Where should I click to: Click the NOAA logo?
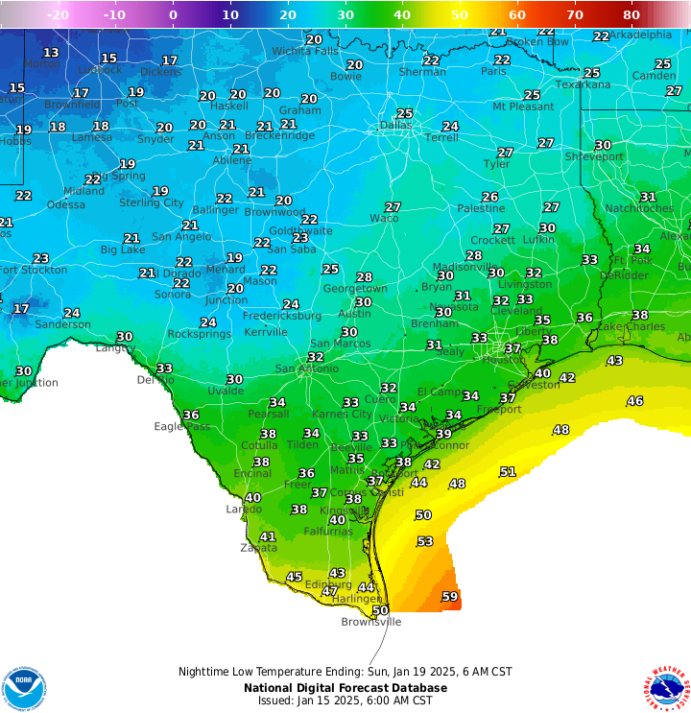point(24,688)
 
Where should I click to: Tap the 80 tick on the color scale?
point(631,14)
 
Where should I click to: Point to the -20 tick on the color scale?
point(58,14)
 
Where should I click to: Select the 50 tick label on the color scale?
point(460,14)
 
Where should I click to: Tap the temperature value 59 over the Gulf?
point(449,597)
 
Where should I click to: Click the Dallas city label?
point(395,125)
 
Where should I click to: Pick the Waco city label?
point(384,219)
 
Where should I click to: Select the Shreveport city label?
point(593,156)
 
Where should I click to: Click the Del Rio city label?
point(155,380)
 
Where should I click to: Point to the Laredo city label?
point(243,510)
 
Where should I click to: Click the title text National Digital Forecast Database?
point(345,687)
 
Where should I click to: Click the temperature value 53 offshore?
point(425,542)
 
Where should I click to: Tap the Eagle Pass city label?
point(181,426)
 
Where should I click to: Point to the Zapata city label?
point(258,548)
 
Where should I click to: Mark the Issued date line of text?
point(345,701)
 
